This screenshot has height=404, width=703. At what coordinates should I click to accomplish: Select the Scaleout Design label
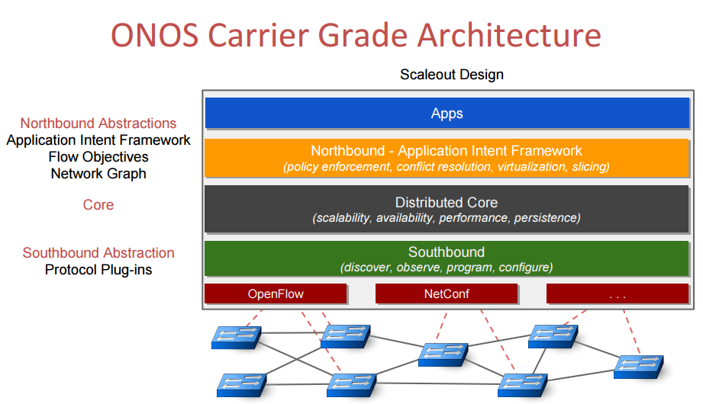click(x=451, y=75)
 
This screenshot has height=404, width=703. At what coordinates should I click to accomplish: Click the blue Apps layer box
click(x=447, y=114)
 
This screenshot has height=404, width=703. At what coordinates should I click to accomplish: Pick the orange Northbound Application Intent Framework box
click(x=447, y=158)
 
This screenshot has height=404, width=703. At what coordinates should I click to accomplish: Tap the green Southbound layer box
click(x=447, y=259)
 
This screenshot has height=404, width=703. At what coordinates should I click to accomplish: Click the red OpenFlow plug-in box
click(x=276, y=293)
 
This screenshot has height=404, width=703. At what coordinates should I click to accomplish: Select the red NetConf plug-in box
click(x=447, y=293)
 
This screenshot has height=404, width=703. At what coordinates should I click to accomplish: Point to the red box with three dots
click(x=618, y=293)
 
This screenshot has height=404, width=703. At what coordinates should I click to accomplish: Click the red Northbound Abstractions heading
click(x=98, y=123)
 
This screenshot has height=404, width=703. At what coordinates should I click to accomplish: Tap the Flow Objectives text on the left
click(x=98, y=157)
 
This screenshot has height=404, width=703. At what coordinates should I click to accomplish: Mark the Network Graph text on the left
click(x=98, y=174)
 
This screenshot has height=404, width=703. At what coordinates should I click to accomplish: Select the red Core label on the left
click(x=98, y=205)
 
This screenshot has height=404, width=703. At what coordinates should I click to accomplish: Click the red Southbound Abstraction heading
click(x=98, y=253)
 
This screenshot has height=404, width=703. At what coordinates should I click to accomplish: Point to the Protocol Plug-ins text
click(x=98, y=270)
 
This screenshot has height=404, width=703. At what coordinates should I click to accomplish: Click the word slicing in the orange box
click(x=589, y=166)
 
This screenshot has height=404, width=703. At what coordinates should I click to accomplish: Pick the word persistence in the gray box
click(x=547, y=218)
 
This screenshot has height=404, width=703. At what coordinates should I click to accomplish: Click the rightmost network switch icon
click(x=640, y=365)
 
